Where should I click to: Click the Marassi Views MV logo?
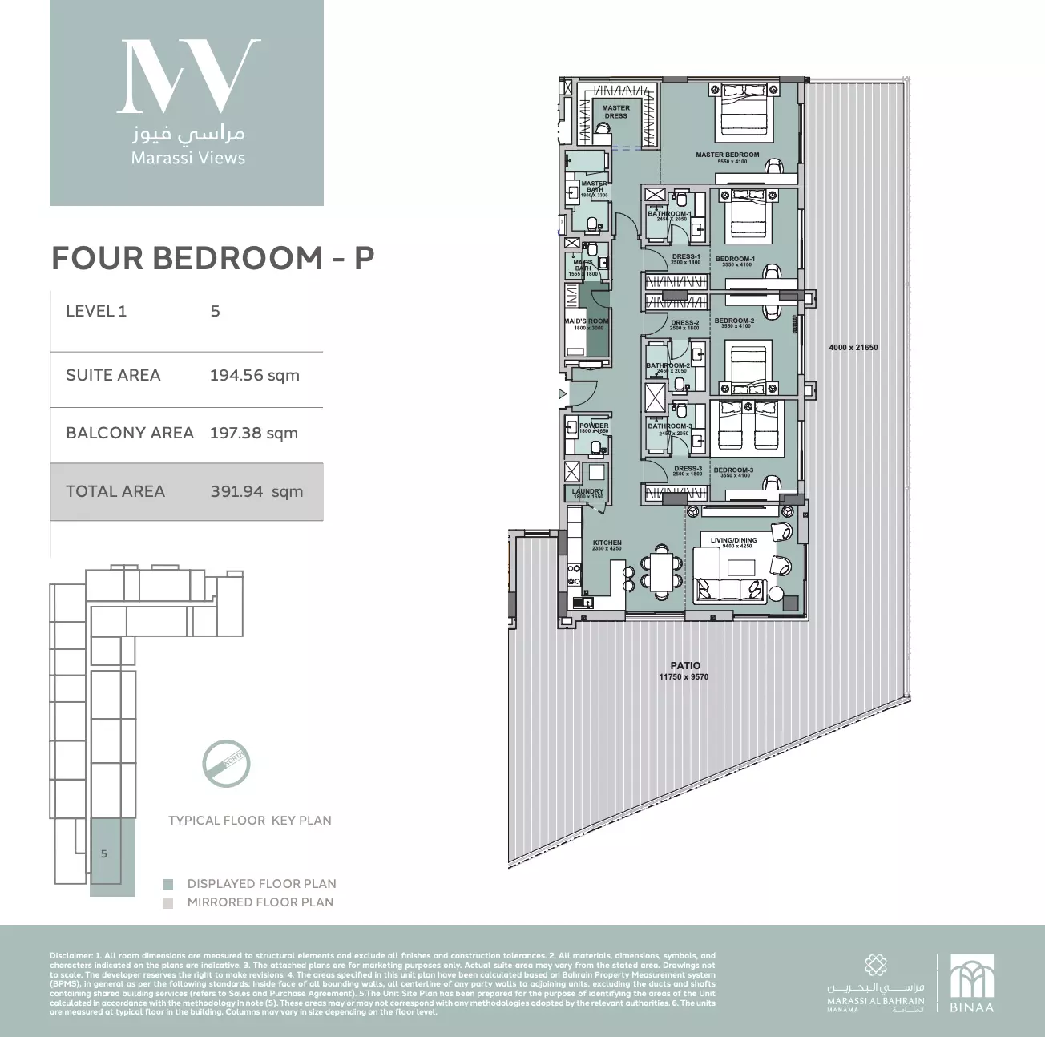pos(188,76)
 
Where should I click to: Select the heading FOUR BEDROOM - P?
pos(212,258)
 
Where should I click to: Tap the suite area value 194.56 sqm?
pos(254,375)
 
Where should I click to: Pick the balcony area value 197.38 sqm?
pos(253,434)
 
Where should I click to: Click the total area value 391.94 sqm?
pos(256,492)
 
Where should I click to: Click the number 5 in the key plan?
pos(104,854)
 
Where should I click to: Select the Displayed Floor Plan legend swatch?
pos(167,884)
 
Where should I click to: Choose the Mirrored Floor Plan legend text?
pos(260,902)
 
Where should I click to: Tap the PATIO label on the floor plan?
pos(684,665)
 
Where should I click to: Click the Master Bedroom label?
pos(727,155)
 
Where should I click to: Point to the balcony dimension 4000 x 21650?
pos(853,348)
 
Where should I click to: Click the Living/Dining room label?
pos(733,541)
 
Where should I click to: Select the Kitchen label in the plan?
pos(607,543)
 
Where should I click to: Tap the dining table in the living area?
pos(662,572)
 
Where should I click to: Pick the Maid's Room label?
pos(587,321)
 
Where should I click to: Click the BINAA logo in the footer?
pos(971,983)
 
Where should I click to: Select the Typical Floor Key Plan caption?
pos(249,821)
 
